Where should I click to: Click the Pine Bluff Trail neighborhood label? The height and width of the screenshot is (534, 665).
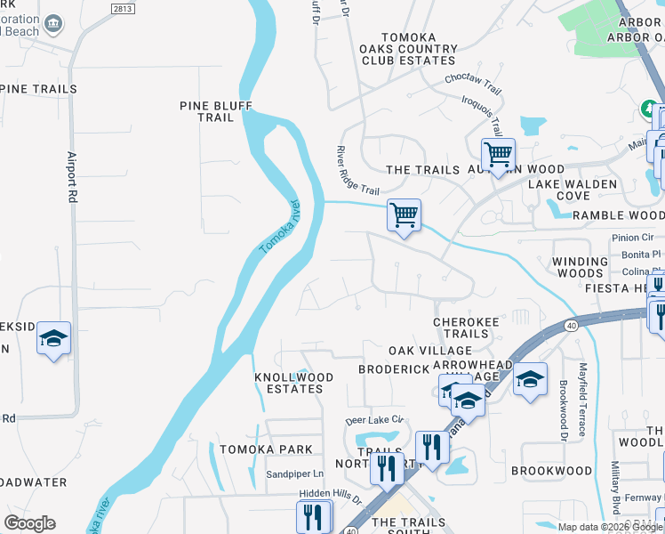(x=216, y=111)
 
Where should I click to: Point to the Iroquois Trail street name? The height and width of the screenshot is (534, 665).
(x=483, y=114)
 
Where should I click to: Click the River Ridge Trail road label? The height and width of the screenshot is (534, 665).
(x=358, y=172)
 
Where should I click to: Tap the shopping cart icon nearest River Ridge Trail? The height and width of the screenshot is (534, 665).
(x=404, y=214)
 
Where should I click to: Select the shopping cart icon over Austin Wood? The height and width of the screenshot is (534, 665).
(x=498, y=155)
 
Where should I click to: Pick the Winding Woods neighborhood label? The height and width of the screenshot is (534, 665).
(x=579, y=267)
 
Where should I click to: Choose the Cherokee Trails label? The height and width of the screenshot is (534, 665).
(x=461, y=328)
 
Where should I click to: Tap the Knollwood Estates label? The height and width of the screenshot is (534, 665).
(x=294, y=383)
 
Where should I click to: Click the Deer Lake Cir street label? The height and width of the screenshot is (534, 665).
(x=375, y=419)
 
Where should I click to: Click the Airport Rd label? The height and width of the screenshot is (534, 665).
(x=73, y=178)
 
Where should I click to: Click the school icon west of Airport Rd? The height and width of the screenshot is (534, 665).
(x=53, y=339)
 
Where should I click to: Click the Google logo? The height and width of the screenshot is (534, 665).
(x=29, y=523)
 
